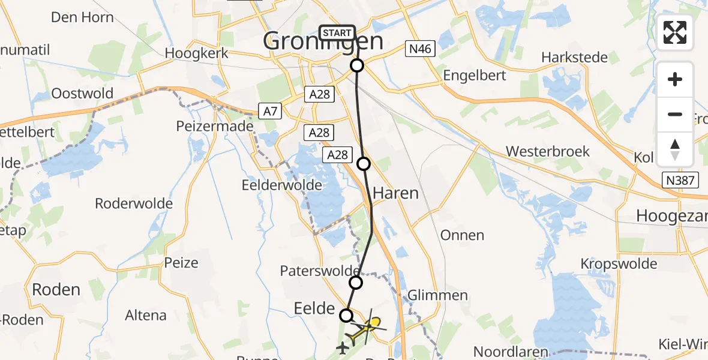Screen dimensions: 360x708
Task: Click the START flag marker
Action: point(337,32)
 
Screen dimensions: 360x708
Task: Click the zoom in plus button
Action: point(675,79)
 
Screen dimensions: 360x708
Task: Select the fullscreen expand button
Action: point(675,32)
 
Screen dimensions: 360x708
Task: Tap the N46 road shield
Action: point(419,49)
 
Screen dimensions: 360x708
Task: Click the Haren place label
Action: point(395,193)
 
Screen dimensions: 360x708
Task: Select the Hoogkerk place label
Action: point(197,53)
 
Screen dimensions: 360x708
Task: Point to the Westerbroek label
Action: point(548,151)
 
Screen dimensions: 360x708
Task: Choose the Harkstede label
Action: point(574,58)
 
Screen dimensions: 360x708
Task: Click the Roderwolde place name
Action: point(134,203)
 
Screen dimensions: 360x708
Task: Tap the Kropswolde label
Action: point(619,263)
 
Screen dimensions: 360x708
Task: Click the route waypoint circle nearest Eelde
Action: point(346,315)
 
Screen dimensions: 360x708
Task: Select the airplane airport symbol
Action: point(343,347)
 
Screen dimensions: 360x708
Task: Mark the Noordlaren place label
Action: point(511,351)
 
